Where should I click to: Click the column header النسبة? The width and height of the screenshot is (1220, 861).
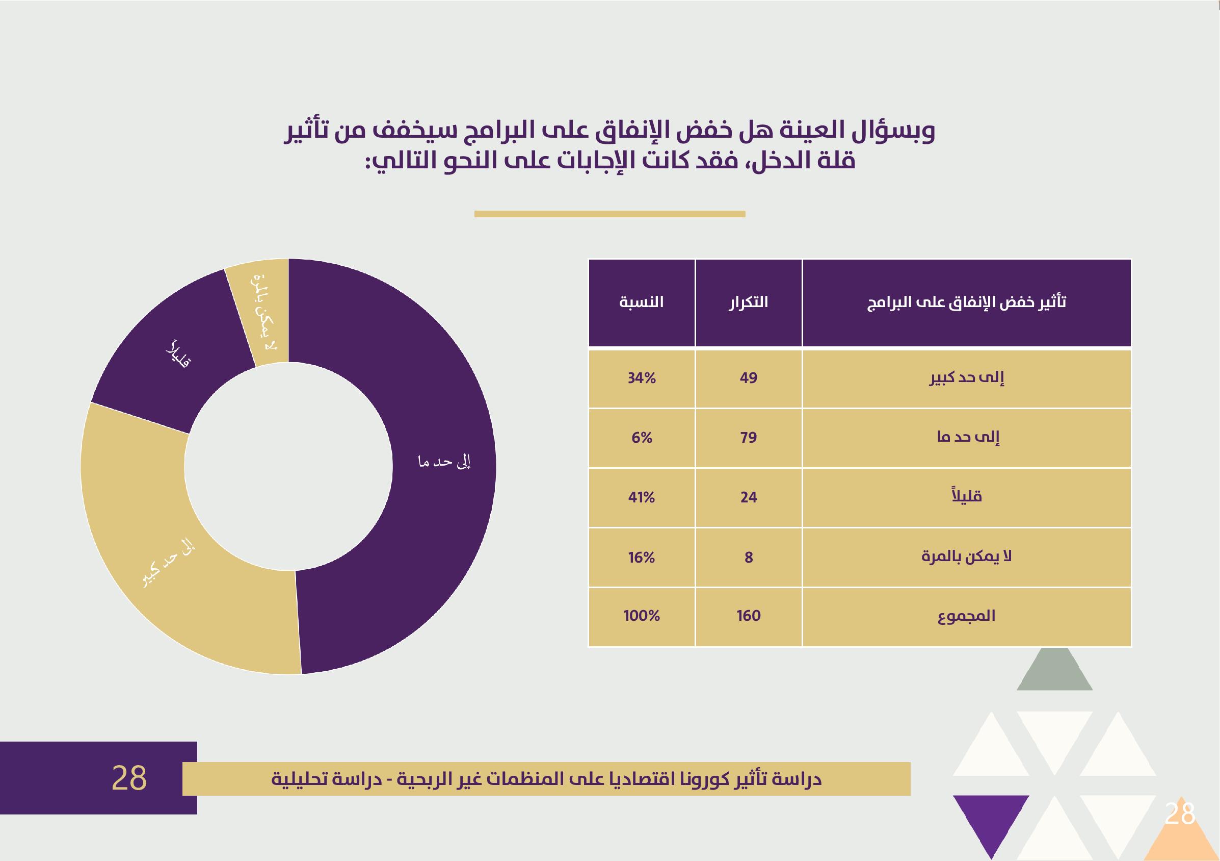[x=642, y=302]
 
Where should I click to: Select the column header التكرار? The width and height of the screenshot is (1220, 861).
[x=748, y=302]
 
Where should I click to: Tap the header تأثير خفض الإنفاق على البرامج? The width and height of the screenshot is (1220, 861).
[x=967, y=302]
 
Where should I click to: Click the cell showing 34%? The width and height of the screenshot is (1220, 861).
[x=642, y=378]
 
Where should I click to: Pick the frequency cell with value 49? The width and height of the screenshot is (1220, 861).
[x=748, y=378]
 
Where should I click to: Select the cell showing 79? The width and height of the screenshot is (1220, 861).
[x=748, y=438]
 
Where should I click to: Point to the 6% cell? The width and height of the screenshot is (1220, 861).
[x=642, y=438]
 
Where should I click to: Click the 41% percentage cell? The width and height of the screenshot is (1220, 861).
[x=642, y=497]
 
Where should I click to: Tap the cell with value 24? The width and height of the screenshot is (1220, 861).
[x=748, y=497]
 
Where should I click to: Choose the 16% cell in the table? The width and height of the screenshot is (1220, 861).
[x=642, y=558]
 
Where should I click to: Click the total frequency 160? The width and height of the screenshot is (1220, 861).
[x=748, y=616]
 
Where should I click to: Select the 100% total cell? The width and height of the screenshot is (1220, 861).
[x=642, y=616]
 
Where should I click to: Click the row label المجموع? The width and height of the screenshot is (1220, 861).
[x=967, y=616]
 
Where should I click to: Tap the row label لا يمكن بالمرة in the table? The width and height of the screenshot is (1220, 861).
[x=967, y=558]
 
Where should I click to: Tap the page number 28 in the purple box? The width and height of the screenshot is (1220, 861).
[x=129, y=778]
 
